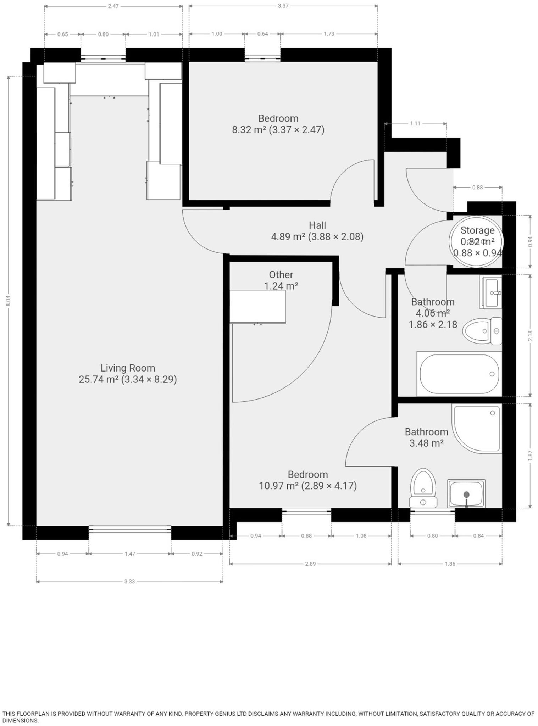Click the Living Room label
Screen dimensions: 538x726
(x=128, y=374)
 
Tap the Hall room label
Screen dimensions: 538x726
(x=317, y=231)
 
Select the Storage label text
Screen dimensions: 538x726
(x=477, y=230)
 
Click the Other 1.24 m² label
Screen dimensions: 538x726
(x=281, y=280)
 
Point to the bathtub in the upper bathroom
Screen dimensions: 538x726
(x=459, y=374)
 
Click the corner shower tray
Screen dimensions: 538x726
(x=477, y=429)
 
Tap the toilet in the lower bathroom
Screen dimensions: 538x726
(x=423, y=488)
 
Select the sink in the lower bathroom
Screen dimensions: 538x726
(x=466, y=493)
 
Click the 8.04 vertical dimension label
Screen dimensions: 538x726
(x=9, y=301)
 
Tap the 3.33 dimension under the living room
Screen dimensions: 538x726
(x=129, y=581)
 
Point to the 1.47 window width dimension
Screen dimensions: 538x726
(x=130, y=554)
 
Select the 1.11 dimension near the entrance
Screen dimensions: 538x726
(x=415, y=124)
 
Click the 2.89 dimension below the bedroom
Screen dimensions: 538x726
(x=310, y=564)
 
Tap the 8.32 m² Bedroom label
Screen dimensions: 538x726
(x=278, y=124)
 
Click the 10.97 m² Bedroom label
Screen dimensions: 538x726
(x=308, y=480)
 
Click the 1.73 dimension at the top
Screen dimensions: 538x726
(x=329, y=34)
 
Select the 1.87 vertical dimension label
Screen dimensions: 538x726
(x=530, y=456)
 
